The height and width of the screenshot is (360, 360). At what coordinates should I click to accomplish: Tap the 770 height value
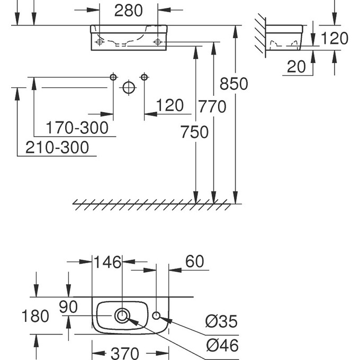[x=212, y=107]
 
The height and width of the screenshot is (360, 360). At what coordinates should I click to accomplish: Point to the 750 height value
[x=194, y=132]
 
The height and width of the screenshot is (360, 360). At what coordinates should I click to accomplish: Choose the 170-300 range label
[x=77, y=128]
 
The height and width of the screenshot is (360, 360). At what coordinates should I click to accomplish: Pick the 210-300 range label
[x=58, y=148]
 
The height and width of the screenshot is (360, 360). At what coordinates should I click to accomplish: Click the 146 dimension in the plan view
[x=107, y=262]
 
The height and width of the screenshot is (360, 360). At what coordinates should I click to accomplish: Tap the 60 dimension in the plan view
[x=194, y=262]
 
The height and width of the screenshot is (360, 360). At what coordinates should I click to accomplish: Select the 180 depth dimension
[x=35, y=316]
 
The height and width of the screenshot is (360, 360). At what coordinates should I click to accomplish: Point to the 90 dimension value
[x=68, y=307]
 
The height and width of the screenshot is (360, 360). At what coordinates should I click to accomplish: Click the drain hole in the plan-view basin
[x=122, y=316]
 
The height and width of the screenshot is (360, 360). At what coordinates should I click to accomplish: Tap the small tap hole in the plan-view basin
[x=157, y=316]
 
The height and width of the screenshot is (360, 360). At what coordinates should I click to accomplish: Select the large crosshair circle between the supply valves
[x=129, y=88]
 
